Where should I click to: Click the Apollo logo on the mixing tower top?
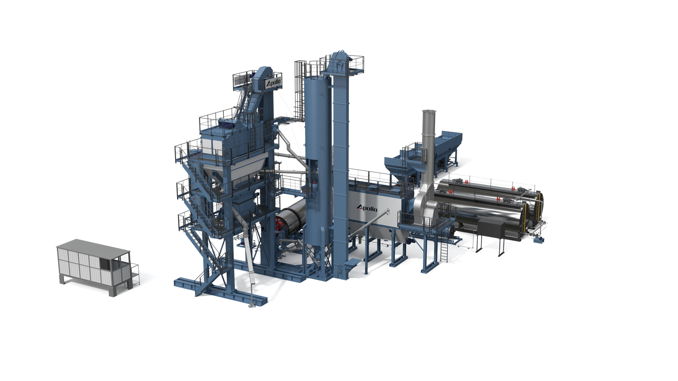click(274, 83)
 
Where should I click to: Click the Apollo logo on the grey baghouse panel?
click(367, 208)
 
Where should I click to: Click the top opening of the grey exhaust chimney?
click(429, 112)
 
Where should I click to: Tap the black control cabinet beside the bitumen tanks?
click(491, 229)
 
